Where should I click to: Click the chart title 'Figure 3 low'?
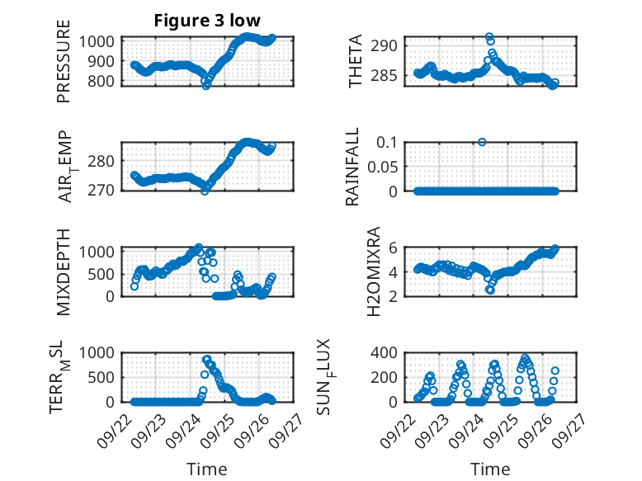(x=207, y=21)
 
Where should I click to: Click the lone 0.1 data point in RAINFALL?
(x=482, y=142)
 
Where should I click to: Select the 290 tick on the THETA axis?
(x=389, y=45)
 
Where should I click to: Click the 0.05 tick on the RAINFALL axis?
(x=385, y=167)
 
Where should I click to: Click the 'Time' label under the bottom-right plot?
(x=490, y=469)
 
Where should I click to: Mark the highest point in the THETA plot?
(x=489, y=37)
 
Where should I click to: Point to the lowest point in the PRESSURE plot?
(x=206, y=86)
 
